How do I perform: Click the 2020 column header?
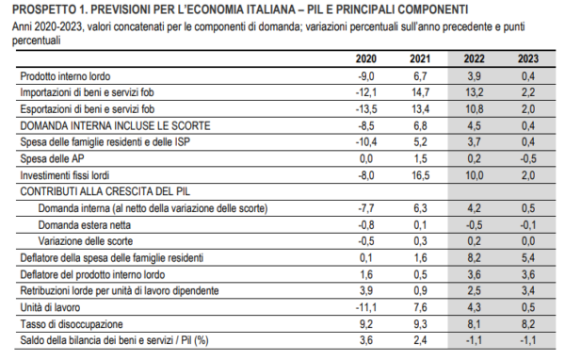pyautogui.click(x=366, y=59)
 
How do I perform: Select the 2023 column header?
pyautogui.click(x=527, y=59)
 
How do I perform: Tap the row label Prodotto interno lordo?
pyautogui.click(x=68, y=75)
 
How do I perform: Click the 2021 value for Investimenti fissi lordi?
pyautogui.click(x=420, y=174)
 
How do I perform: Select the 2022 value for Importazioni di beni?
pyautogui.click(x=475, y=92)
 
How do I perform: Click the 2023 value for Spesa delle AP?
pyautogui.click(x=527, y=158)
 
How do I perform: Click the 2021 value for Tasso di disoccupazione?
pyautogui.click(x=420, y=323)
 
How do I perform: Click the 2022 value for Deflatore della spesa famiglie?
pyautogui.click(x=475, y=257)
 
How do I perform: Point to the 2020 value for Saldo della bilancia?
pyautogui.click(x=366, y=339)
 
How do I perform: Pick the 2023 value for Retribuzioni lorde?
pyautogui.click(x=528, y=290)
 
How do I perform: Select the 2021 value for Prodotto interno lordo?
pyautogui.click(x=420, y=75)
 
